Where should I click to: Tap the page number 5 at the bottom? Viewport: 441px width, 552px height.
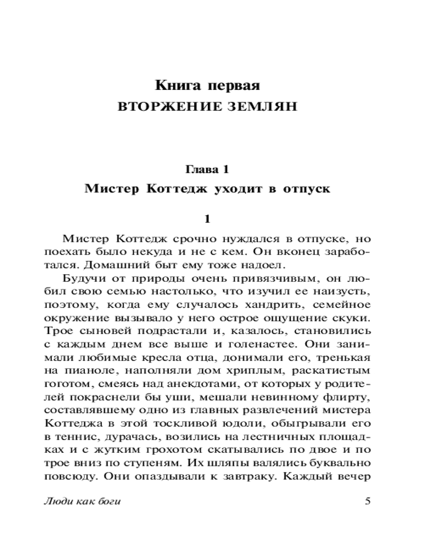[368, 501]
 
